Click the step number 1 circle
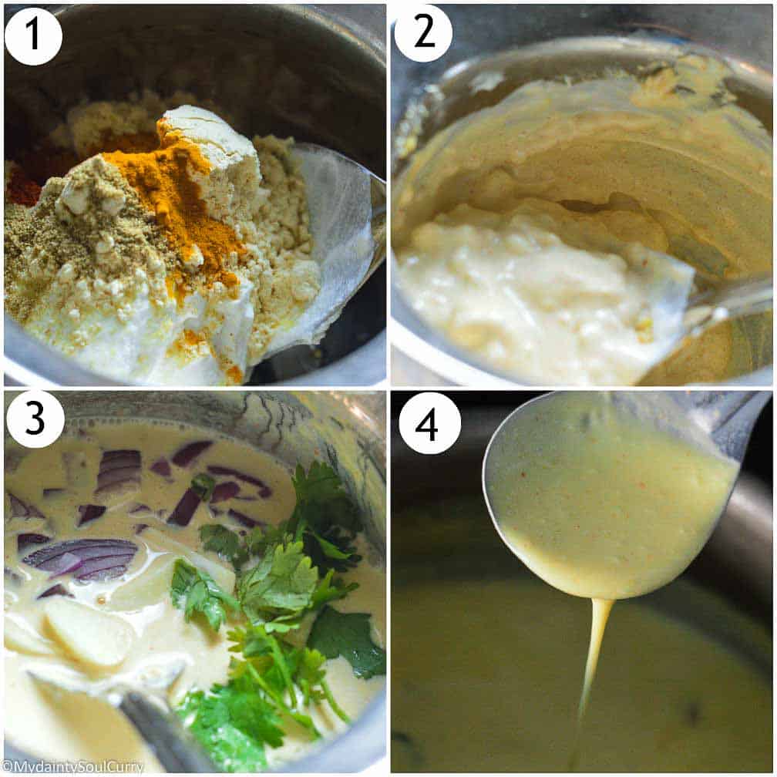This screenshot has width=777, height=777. click(33, 35)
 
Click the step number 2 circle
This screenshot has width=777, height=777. click(423, 34)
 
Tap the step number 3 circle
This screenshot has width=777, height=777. click(35, 419)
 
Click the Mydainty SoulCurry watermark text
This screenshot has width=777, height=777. click(72, 767)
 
